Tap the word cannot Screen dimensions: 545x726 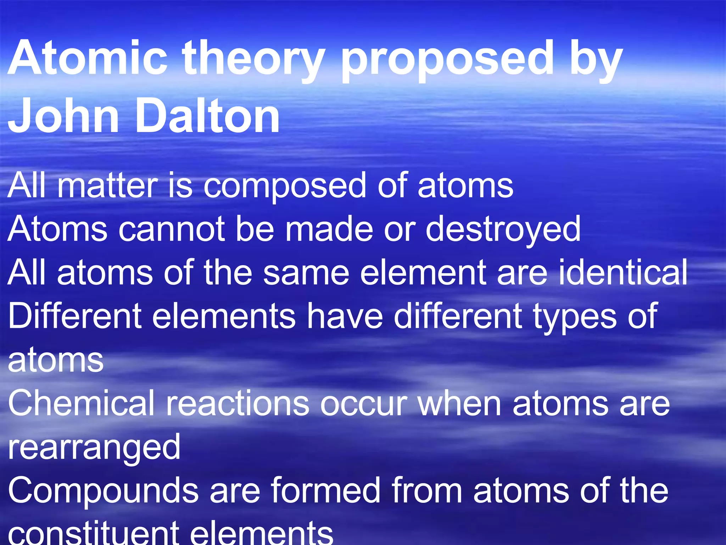pyautogui.click(x=172, y=229)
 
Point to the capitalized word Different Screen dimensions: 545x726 pyautogui.click(x=74, y=316)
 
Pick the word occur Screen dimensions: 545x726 pyautogui.click(x=364, y=404)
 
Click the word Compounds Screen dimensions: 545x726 pyautogui.click(x=103, y=492)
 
